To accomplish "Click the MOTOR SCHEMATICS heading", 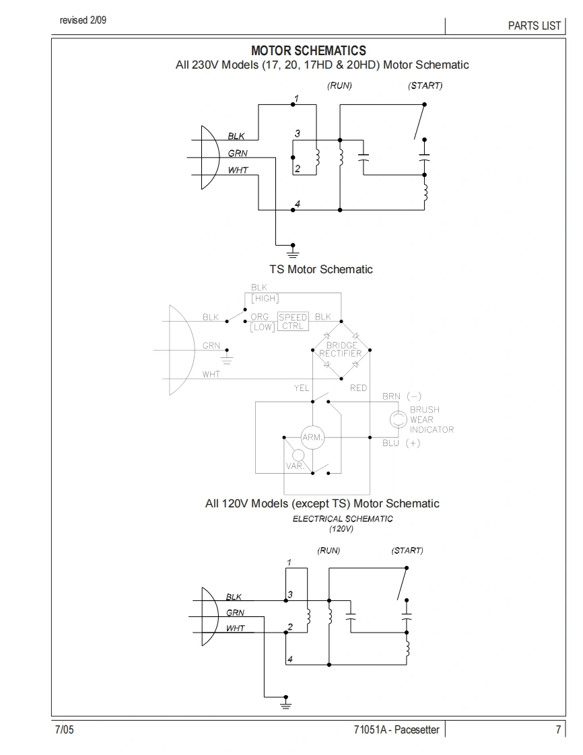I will pyautogui.click(x=308, y=51).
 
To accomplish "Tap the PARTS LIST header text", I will pyautogui.click(x=535, y=26).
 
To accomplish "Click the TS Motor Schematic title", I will pyautogui.click(x=320, y=269).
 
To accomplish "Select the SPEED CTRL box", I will pyautogui.click(x=293, y=322).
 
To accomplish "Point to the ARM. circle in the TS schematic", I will pyautogui.click(x=312, y=437).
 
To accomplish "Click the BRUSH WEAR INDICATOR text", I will pyautogui.click(x=432, y=419).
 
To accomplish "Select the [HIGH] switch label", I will pyautogui.click(x=265, y=299).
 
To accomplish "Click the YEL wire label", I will pyautogui.click(x=302, y=388).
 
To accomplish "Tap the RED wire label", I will pyautogui.click(x=358, y=388).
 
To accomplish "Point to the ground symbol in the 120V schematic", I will pyautogui.click(x=285, y=703).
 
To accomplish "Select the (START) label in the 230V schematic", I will pyautogui.click(x=425, y=86).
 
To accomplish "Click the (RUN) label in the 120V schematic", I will pyautogui.click(x=329, y=550).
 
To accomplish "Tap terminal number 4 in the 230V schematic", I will pyautogui.click(x=298, y=203).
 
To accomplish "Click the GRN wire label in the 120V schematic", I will pyautogui.click(x=235, y=613).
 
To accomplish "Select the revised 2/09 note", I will pyautogui.click(x=83, y=20).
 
